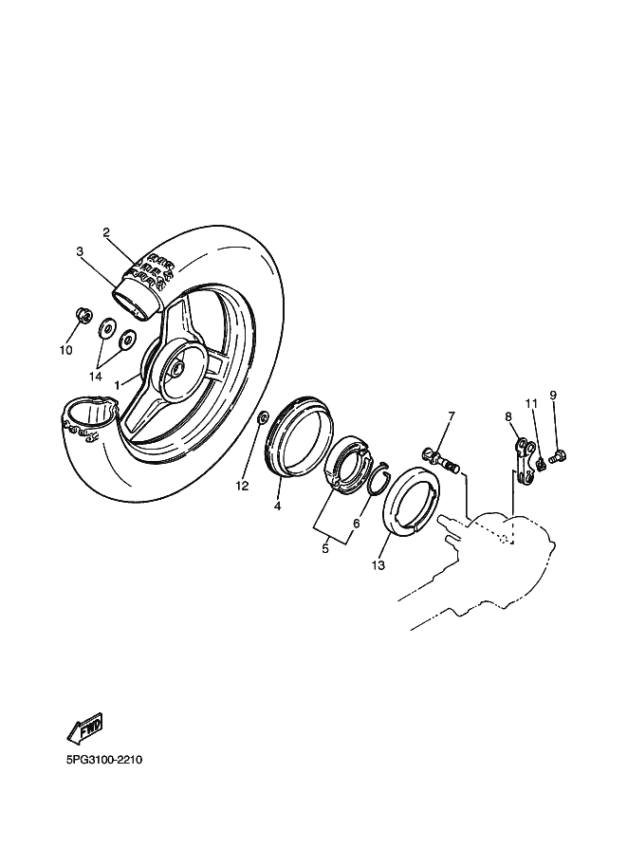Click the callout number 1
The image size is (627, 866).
click(118, 385)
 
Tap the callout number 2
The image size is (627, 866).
click(106, 232)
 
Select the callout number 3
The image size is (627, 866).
click(81, 251)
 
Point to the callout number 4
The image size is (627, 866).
click(278, 507)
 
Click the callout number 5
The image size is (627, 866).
click(324, 547)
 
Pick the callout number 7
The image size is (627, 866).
click(452, 415)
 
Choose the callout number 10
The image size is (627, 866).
click(65, 349)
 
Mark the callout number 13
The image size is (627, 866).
click(378, 565)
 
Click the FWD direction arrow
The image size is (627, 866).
click(84, 730)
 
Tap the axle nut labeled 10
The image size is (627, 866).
click(83, 316)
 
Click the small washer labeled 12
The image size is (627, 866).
click(263, 417)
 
